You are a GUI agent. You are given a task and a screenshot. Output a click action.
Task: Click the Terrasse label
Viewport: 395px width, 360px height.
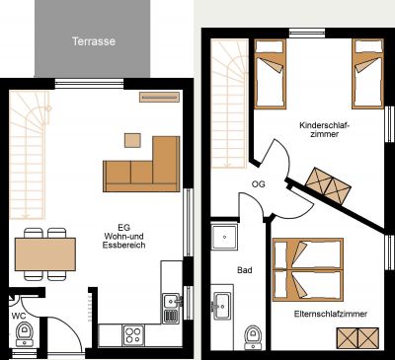pyautogui.click(x=94, y=41)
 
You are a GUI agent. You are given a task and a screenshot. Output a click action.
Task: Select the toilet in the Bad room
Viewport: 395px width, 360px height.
pyautogui.click(x=254, y=337)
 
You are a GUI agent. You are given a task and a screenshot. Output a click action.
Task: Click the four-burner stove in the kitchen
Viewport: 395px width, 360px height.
pyautogui.click(x=133, y=335)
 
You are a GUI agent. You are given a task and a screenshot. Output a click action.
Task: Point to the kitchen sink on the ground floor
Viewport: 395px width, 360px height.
pyautogui.click(x=172, y=309)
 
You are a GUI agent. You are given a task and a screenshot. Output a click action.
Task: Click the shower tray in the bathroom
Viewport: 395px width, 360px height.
pyautogui.click(x=224, y=237)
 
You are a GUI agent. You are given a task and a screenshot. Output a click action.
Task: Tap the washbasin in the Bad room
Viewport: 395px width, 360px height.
pyautogui.click(x=222, y=306)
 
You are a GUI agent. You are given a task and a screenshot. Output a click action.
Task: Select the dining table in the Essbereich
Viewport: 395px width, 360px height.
pyautogui.click(x=45, y=254)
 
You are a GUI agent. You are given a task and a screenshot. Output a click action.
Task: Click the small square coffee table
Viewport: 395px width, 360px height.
pyautogui.click(x=132, y=140)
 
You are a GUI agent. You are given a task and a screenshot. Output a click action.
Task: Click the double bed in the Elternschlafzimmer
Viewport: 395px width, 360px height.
pyautogui.click(x=308, y=269)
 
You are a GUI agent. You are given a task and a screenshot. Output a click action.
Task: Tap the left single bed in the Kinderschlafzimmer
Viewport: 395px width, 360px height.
pyautogui.click(x=270, y=74)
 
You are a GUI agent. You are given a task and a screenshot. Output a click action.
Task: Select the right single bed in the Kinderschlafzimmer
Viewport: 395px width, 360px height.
pyautogui.click(x=367, y=74)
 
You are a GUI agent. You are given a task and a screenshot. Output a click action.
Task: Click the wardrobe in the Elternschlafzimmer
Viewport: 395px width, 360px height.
pyautogui.click(x=357, y=338)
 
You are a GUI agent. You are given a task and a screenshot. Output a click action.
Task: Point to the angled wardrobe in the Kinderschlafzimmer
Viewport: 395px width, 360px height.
pyautogui.click(x=328, y=186)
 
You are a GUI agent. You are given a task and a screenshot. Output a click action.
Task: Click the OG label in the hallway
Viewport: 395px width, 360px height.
pyautogui.click(x=259, y=184)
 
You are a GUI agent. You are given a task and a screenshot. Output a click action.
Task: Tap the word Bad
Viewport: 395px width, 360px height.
pyautogui.click(x=245, y=270)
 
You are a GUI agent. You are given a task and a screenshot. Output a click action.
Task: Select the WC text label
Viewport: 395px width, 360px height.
pyautogui.click(x=19, y=316)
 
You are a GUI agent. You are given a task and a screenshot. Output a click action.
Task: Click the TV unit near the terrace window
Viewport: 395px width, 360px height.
pyautogui.click(x=159, y=97)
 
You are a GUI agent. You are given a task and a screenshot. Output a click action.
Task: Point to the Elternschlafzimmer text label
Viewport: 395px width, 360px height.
pyautogui.click(x=331, y=314)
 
